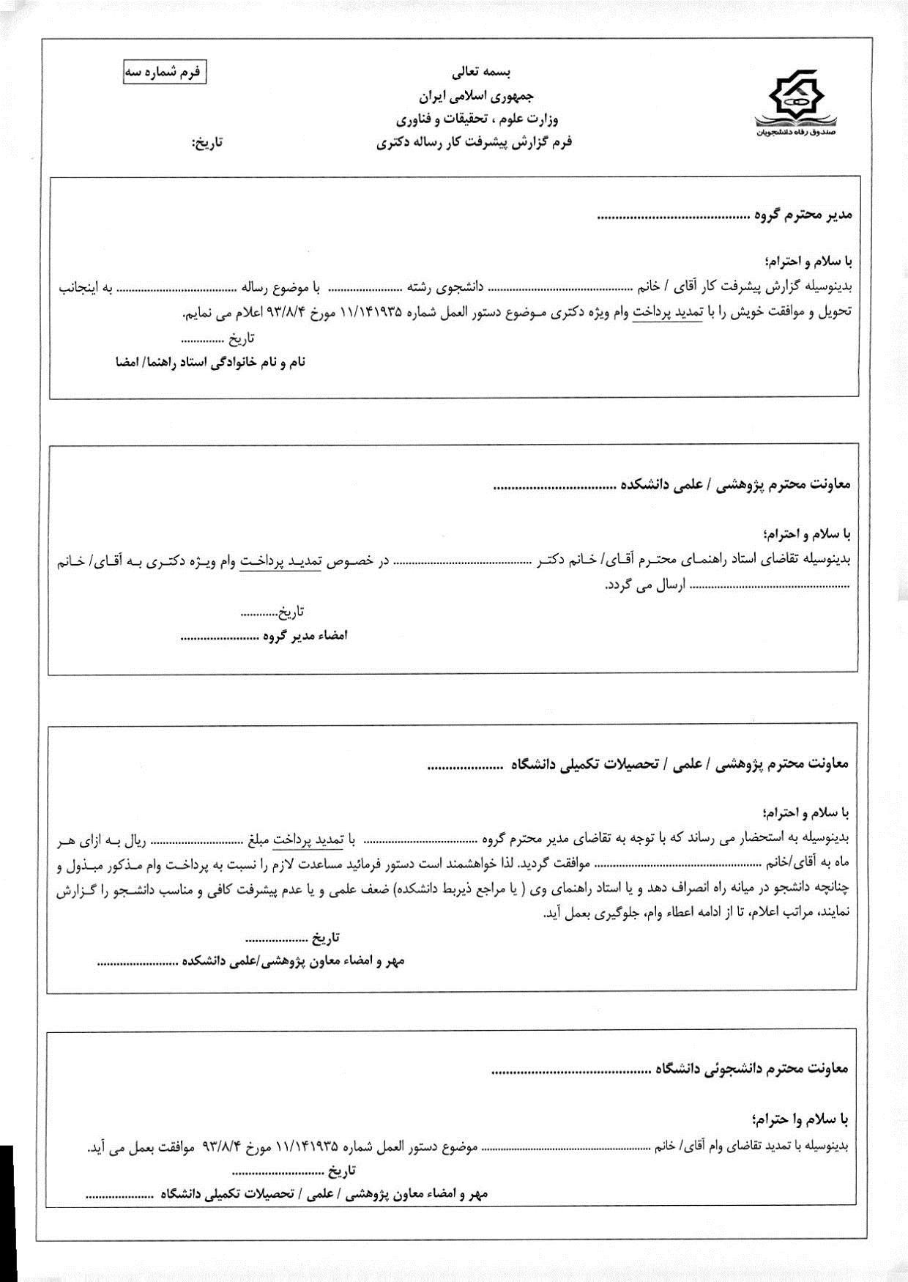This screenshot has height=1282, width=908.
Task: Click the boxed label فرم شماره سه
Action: coord(165,74)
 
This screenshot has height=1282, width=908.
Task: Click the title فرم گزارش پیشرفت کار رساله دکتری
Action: coord(474,142)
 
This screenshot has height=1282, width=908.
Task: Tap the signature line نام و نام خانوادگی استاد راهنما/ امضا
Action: coord(210,362)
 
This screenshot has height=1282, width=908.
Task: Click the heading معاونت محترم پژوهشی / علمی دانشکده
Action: coord(735,484)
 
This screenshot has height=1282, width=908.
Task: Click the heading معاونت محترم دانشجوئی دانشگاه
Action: coord(749,1069)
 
